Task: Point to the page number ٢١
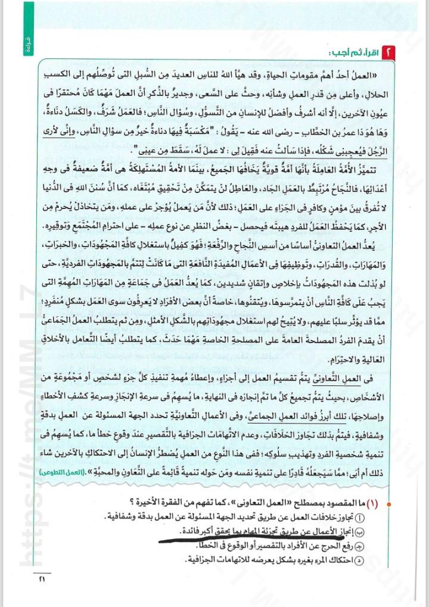[x=40, y=578]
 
